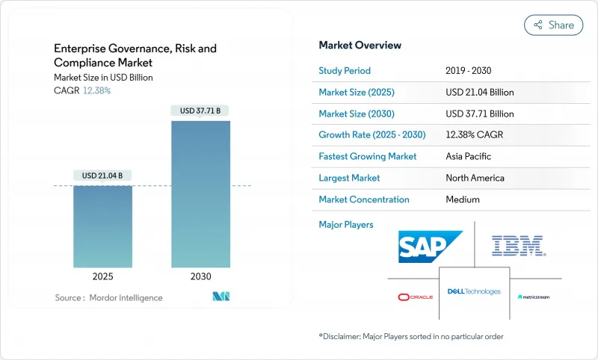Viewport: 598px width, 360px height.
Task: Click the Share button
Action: click(x=553, y=25)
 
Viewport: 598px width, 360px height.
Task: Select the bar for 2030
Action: click(x=200, y=193)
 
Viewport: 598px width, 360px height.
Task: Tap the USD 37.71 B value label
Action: click(x=200, y=111)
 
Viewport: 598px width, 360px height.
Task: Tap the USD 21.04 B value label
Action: click(x=102, y=176)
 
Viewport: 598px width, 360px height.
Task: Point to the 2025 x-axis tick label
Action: click(x=102, y=276)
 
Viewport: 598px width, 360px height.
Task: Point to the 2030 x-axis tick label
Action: click(x=200, y=276)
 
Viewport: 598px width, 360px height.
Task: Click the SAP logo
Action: click(x=430, y=246)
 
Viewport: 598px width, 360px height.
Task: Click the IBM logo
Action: click(x=517, y=245)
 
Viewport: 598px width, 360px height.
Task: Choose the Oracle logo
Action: click(x=415, y=297)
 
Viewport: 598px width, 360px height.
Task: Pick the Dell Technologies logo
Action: click(x=474, y=291)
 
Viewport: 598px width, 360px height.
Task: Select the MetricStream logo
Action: click(x=533, y=297)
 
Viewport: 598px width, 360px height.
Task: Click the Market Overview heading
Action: click(x=360, y=45)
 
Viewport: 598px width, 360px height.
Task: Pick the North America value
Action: click(x=475, y=178)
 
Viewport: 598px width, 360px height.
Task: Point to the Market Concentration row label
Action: click(x=364, y=199)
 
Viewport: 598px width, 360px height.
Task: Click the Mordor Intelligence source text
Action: click(x=108, y=297)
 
